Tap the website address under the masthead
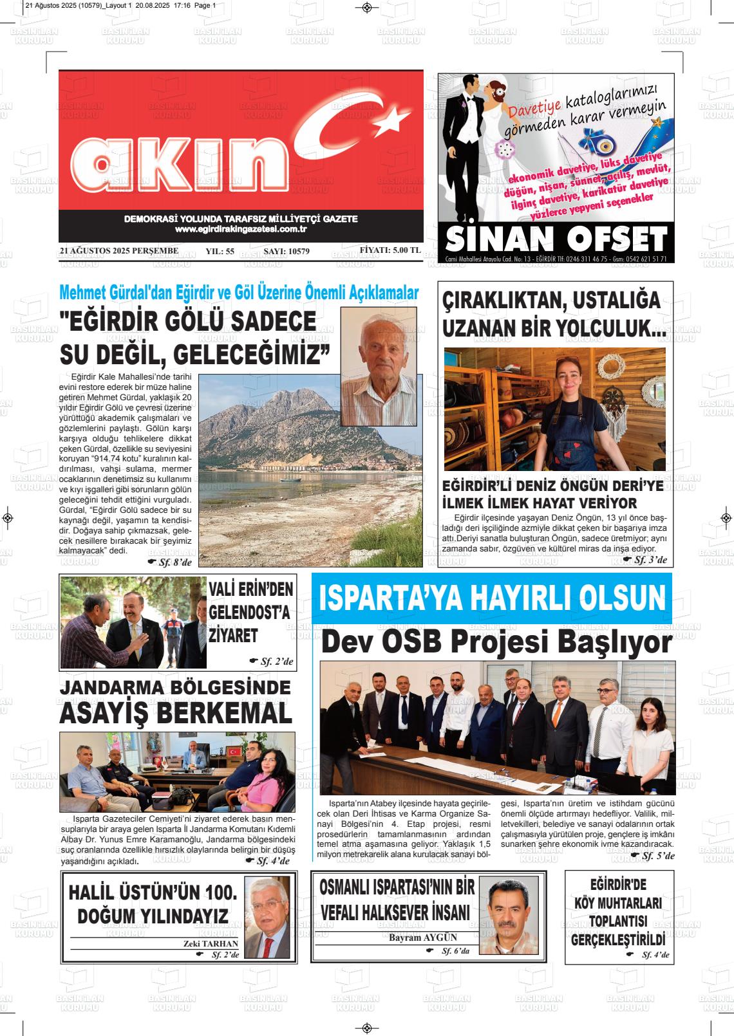240,230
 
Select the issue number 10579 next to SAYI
296,252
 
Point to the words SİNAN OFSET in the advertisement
556,239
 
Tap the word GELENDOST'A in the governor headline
250,612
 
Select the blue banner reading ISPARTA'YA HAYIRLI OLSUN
492,598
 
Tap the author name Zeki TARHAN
211,943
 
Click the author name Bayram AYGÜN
423,937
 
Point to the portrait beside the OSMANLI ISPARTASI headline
513,914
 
